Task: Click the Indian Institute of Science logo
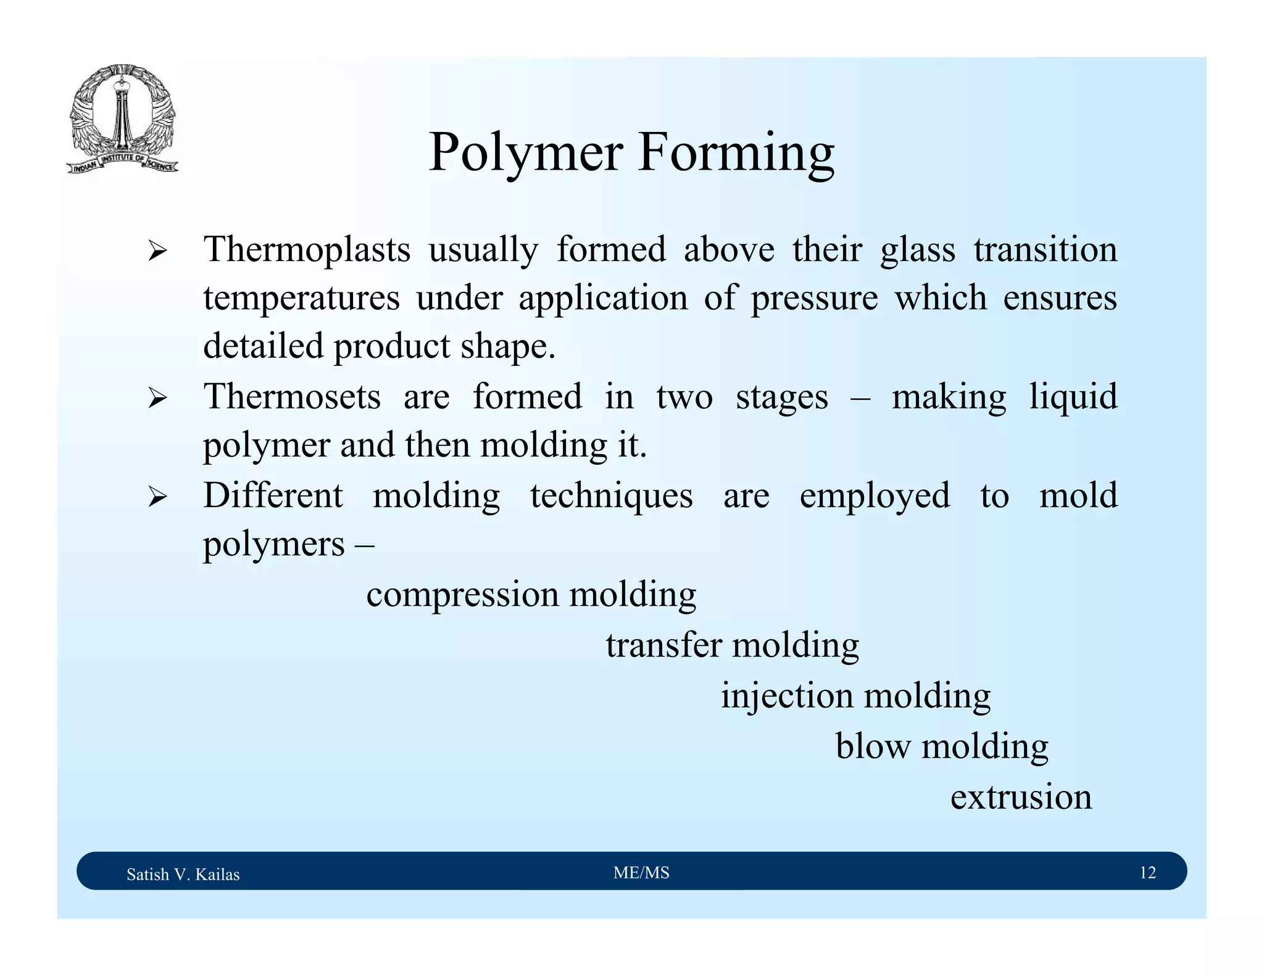click(122, 118)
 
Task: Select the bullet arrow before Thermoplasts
click(157, 251)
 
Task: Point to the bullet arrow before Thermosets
click(157, 398)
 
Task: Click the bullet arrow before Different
click(157, 497)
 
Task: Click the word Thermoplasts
click(307, 250)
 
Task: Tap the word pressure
click(813, 298)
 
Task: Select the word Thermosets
click(292, 397)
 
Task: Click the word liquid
click(1073, 397)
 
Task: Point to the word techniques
click(611, 496)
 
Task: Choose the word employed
click(874, 496)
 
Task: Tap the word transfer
click(663, 646)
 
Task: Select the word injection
click(787, 697)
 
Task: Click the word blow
click(873, 746)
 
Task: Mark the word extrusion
click(1021, 797)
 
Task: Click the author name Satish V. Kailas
click(183, 874)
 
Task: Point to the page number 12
click(1147, 872)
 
